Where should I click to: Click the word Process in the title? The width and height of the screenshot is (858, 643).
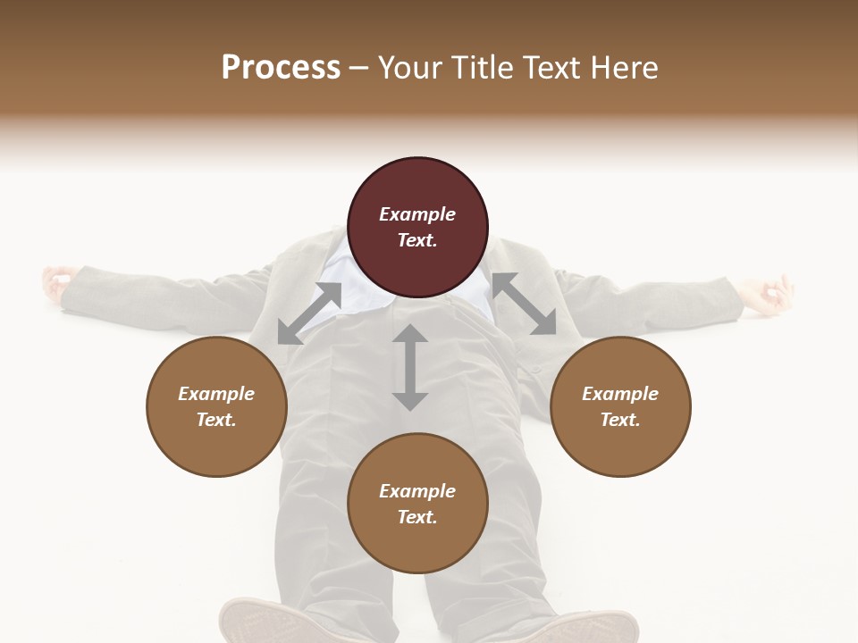click(x=281, y=68)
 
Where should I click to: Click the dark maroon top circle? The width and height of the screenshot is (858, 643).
click(x=417, y=227)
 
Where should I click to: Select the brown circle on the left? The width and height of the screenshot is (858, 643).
click(x=216, y=406)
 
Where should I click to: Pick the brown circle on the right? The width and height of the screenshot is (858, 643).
click(x=620, y=406)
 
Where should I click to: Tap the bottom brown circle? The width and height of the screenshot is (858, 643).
click(x=417, y=503)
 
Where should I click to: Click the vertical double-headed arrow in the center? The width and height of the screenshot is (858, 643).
click(x=410, y=367)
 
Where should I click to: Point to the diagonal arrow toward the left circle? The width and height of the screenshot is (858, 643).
click(x=309, y=313)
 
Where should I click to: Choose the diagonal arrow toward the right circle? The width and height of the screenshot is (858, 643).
click(x=524, y=304)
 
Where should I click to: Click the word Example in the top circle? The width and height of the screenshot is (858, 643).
click(x=417, y=214)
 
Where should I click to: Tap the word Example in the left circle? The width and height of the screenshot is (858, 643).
click(x=216, y=394)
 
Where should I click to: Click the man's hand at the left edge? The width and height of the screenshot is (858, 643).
click(x=55, y=281)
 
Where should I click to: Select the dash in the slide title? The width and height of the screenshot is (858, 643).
click(x=359, y=68)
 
